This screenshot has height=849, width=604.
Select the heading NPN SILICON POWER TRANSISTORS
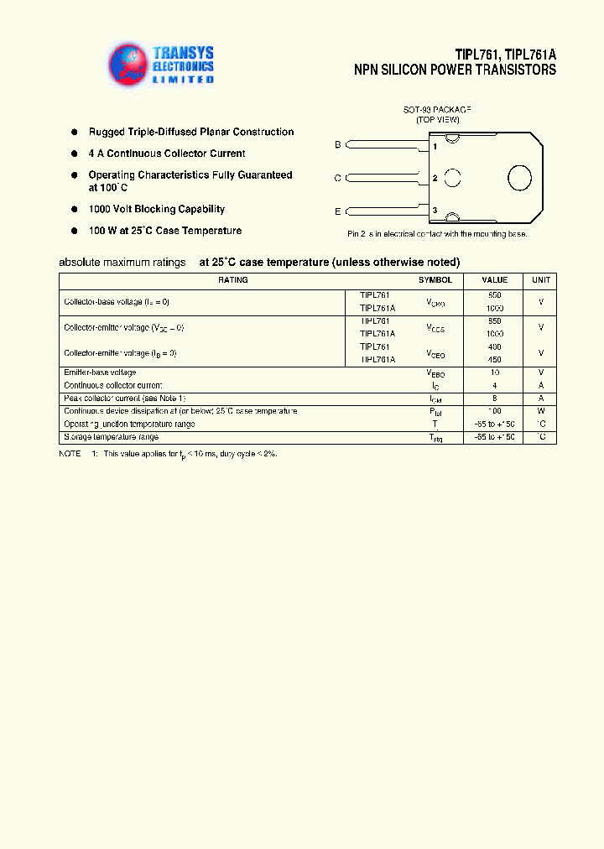(455, 70)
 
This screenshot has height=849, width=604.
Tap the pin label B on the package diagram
(338, 145)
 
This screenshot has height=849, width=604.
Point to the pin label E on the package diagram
(338, 211)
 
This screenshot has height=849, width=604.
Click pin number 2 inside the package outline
(435, 178)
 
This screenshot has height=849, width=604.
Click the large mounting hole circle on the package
(519, 178)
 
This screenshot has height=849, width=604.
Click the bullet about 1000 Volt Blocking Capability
(156, 209)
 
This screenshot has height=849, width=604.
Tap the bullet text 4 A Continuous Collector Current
(166, 154)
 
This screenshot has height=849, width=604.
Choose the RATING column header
(233, 280)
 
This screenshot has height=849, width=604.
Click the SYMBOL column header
(435, 280)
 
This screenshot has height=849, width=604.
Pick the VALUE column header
(494, 280)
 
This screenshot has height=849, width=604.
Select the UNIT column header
(541, 280)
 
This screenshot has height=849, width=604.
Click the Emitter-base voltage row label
(100, 372)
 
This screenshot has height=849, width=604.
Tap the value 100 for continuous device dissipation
(494, 411)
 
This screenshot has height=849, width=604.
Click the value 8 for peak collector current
(494, 398)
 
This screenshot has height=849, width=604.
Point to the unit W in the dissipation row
(541, 411)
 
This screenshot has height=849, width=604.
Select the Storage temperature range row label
(111, 437)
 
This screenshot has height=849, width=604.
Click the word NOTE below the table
(70, 453)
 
